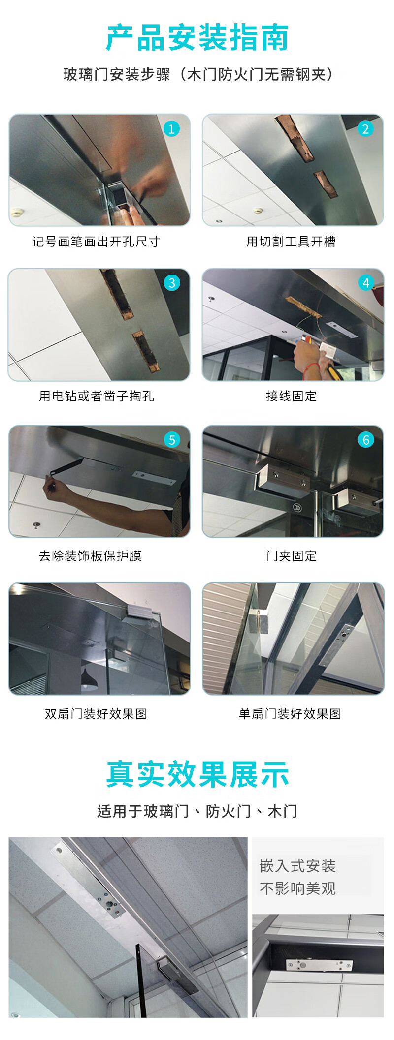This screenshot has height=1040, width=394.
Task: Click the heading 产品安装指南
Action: pyautogui.click(x=197, y=37)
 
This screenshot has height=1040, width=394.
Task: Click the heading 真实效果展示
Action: pyautogui.click(x=197, y=774)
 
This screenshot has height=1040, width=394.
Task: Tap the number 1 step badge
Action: pyautogui.click(x=171, y=129)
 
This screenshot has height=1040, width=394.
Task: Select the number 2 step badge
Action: pyautogui.click(x=365, y=129)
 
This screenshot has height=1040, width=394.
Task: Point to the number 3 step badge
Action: pyautogui.click(x=171, y=283)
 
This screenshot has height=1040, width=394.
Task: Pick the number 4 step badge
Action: pyautogui.click(x=365, y=283)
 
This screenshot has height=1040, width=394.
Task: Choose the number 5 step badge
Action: pyautogui.click(x=171, y=439)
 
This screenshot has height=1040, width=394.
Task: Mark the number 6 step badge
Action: pyautogui.click(x=365, y=439)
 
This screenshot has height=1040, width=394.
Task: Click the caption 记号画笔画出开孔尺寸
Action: pyautogui.click(x=96, y=242)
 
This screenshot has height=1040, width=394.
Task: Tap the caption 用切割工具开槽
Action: pyautogui.click(x=291, y=242)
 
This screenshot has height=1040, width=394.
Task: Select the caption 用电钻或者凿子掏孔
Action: pyautogui.click(x=97, y=396)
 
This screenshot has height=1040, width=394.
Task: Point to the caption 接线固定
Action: pyautogui.click(x=291, y=396)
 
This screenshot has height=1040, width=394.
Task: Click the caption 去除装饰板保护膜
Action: pyautogui.click(x=90, y=556)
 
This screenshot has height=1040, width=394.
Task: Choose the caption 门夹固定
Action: pyautogui.click(x=291, y=556)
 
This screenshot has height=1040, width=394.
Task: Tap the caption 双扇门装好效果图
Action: pyautogui.click(x=96, y=714)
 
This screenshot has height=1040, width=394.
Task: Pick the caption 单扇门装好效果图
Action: pyautogui.click(x=290, y=714)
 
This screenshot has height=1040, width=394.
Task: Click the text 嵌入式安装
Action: pyautogui.click(x=297, y=866)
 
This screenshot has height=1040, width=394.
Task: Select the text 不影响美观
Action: pyautogui.click(x=297, y=888)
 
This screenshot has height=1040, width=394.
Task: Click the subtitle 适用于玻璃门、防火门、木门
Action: pyautogui.click(x=197, y=811)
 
